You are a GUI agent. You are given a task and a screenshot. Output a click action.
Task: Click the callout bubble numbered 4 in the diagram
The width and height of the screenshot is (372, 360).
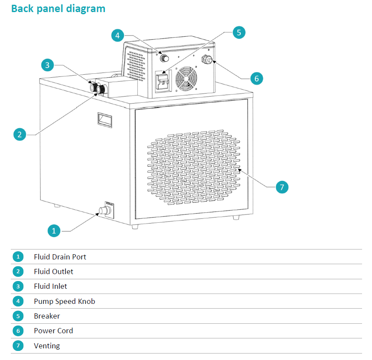pos(118,35)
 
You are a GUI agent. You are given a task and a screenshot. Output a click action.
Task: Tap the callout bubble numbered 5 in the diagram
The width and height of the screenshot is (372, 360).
pos(239,32)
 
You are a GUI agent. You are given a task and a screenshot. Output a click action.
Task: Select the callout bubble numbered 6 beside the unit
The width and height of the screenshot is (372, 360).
pos(257,79)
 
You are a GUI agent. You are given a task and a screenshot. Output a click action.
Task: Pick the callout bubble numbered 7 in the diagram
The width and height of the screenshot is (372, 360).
pos(282,187)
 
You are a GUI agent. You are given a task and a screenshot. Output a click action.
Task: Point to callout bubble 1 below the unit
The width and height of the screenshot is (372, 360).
pos(54,231)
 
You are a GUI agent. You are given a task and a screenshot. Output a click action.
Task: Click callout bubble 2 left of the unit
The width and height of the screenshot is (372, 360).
pos(20,134)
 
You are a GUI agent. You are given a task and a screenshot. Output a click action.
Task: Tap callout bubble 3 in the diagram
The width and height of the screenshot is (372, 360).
pos(47,65)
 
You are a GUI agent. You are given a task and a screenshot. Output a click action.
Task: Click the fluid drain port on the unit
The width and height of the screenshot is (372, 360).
pos(105,210)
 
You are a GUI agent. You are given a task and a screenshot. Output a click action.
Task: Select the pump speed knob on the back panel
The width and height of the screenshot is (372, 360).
pos(164,58)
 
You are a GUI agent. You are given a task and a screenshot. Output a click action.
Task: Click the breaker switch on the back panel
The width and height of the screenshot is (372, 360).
pos(163,81)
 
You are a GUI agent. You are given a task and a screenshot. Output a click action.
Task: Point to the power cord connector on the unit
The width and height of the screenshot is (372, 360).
pos(207,59)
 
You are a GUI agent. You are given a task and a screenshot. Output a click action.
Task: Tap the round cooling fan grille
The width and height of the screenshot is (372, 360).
pos(186,79)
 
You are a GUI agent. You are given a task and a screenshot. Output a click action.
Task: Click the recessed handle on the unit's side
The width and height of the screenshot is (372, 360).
pos(105,120)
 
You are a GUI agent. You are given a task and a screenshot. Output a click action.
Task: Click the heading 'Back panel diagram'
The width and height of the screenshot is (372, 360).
pos(58,9)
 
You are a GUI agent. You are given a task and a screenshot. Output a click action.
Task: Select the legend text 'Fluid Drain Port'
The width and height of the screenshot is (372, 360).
pos(60,257)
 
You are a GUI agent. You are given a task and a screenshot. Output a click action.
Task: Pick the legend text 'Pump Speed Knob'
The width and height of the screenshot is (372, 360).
pos(64,301)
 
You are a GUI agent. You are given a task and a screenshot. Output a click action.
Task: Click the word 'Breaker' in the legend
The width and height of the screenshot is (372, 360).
pos(47,316)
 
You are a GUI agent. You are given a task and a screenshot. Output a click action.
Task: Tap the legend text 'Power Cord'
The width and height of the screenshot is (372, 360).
pos(54,331)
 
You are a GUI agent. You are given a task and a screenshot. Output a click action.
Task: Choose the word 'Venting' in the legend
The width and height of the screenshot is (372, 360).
pos(47,346)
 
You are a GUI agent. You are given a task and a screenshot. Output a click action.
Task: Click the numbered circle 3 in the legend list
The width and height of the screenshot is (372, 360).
pos(18,286)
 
